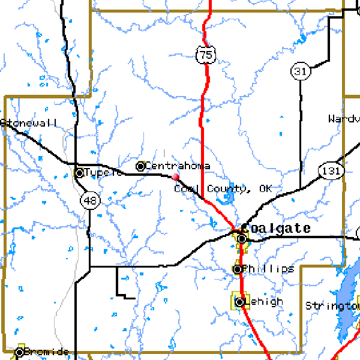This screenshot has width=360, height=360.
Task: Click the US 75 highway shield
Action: coord(206,55)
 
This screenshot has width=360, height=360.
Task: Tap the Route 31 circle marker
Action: coord(300,71)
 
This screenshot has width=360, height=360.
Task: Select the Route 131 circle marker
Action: coord(331,171)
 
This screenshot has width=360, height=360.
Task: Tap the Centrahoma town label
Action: coord(178,166)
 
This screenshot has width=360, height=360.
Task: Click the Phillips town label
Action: coord(269,269)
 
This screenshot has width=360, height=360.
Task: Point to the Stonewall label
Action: coord(30,123)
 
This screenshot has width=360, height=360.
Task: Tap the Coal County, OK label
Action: coord(223,189)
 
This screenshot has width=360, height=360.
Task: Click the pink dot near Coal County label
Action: coord(175,176)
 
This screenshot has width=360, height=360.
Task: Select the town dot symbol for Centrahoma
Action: coord(141,166)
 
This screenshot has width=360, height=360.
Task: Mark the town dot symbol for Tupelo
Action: coord(79,173)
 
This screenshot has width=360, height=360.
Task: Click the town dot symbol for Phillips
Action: coord(238,269)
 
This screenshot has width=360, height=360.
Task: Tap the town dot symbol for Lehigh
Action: coord(240,302)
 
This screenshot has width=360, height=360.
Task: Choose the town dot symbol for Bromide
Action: coord(20,352)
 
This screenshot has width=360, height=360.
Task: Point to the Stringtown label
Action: coord(332,306)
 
